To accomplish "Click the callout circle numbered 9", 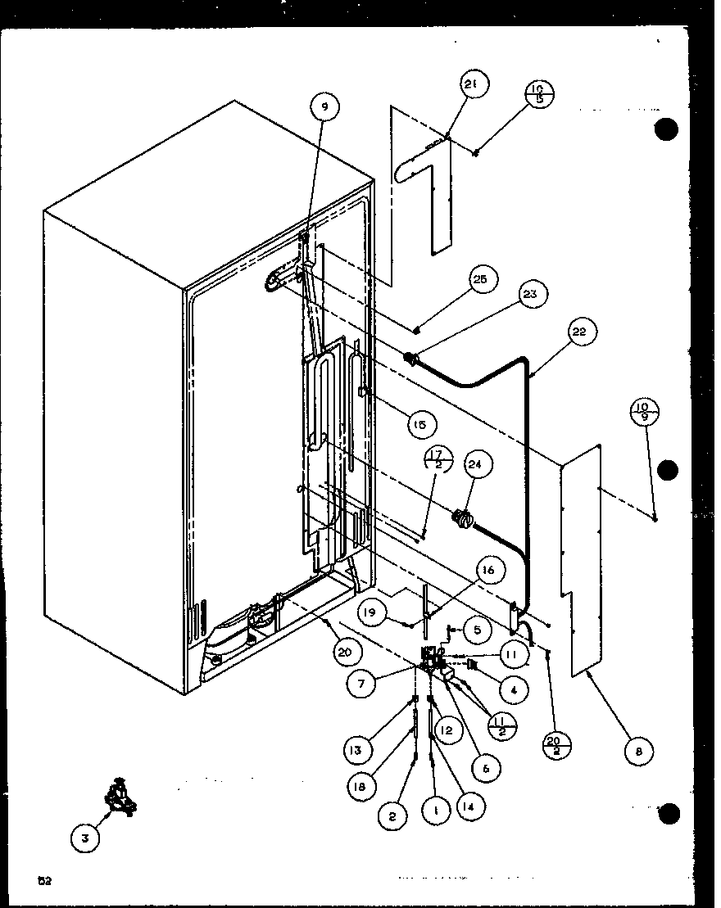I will pyautogui.click(x=324, y=107).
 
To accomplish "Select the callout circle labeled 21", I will pyautogui.click(x=473, y=84).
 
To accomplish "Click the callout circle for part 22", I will pyautogui.click(x=580, y=332).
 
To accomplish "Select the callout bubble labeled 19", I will pyautogui.click(x=373, y=611).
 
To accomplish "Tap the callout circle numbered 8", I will pyautogui.click(x=639, y=750).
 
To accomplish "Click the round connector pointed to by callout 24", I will pyautogui.click(x=461, y=517).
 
